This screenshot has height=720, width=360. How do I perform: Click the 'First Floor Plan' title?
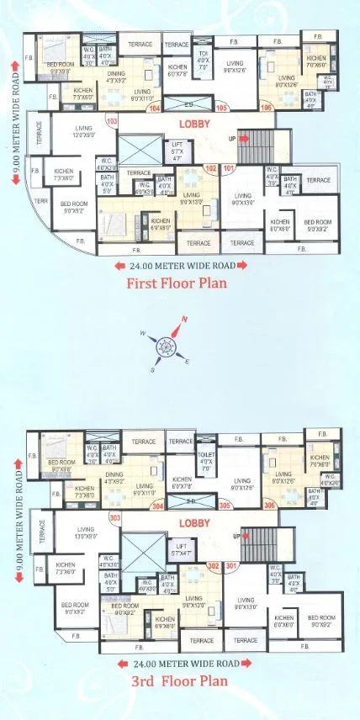pyautogui.click(x=176, y=283)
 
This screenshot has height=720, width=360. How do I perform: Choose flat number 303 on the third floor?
pyautogui.click(x=115, y=518)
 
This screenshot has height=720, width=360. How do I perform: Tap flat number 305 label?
pyautogui.click(x=225, y=506)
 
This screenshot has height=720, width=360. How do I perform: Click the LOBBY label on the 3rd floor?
pyautogui.click(x=194, y=522)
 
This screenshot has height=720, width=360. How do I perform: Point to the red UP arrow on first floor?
pyautogui.click(x=243, y=138)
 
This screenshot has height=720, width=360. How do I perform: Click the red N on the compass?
pyautogui.click(x=184, y=319)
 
